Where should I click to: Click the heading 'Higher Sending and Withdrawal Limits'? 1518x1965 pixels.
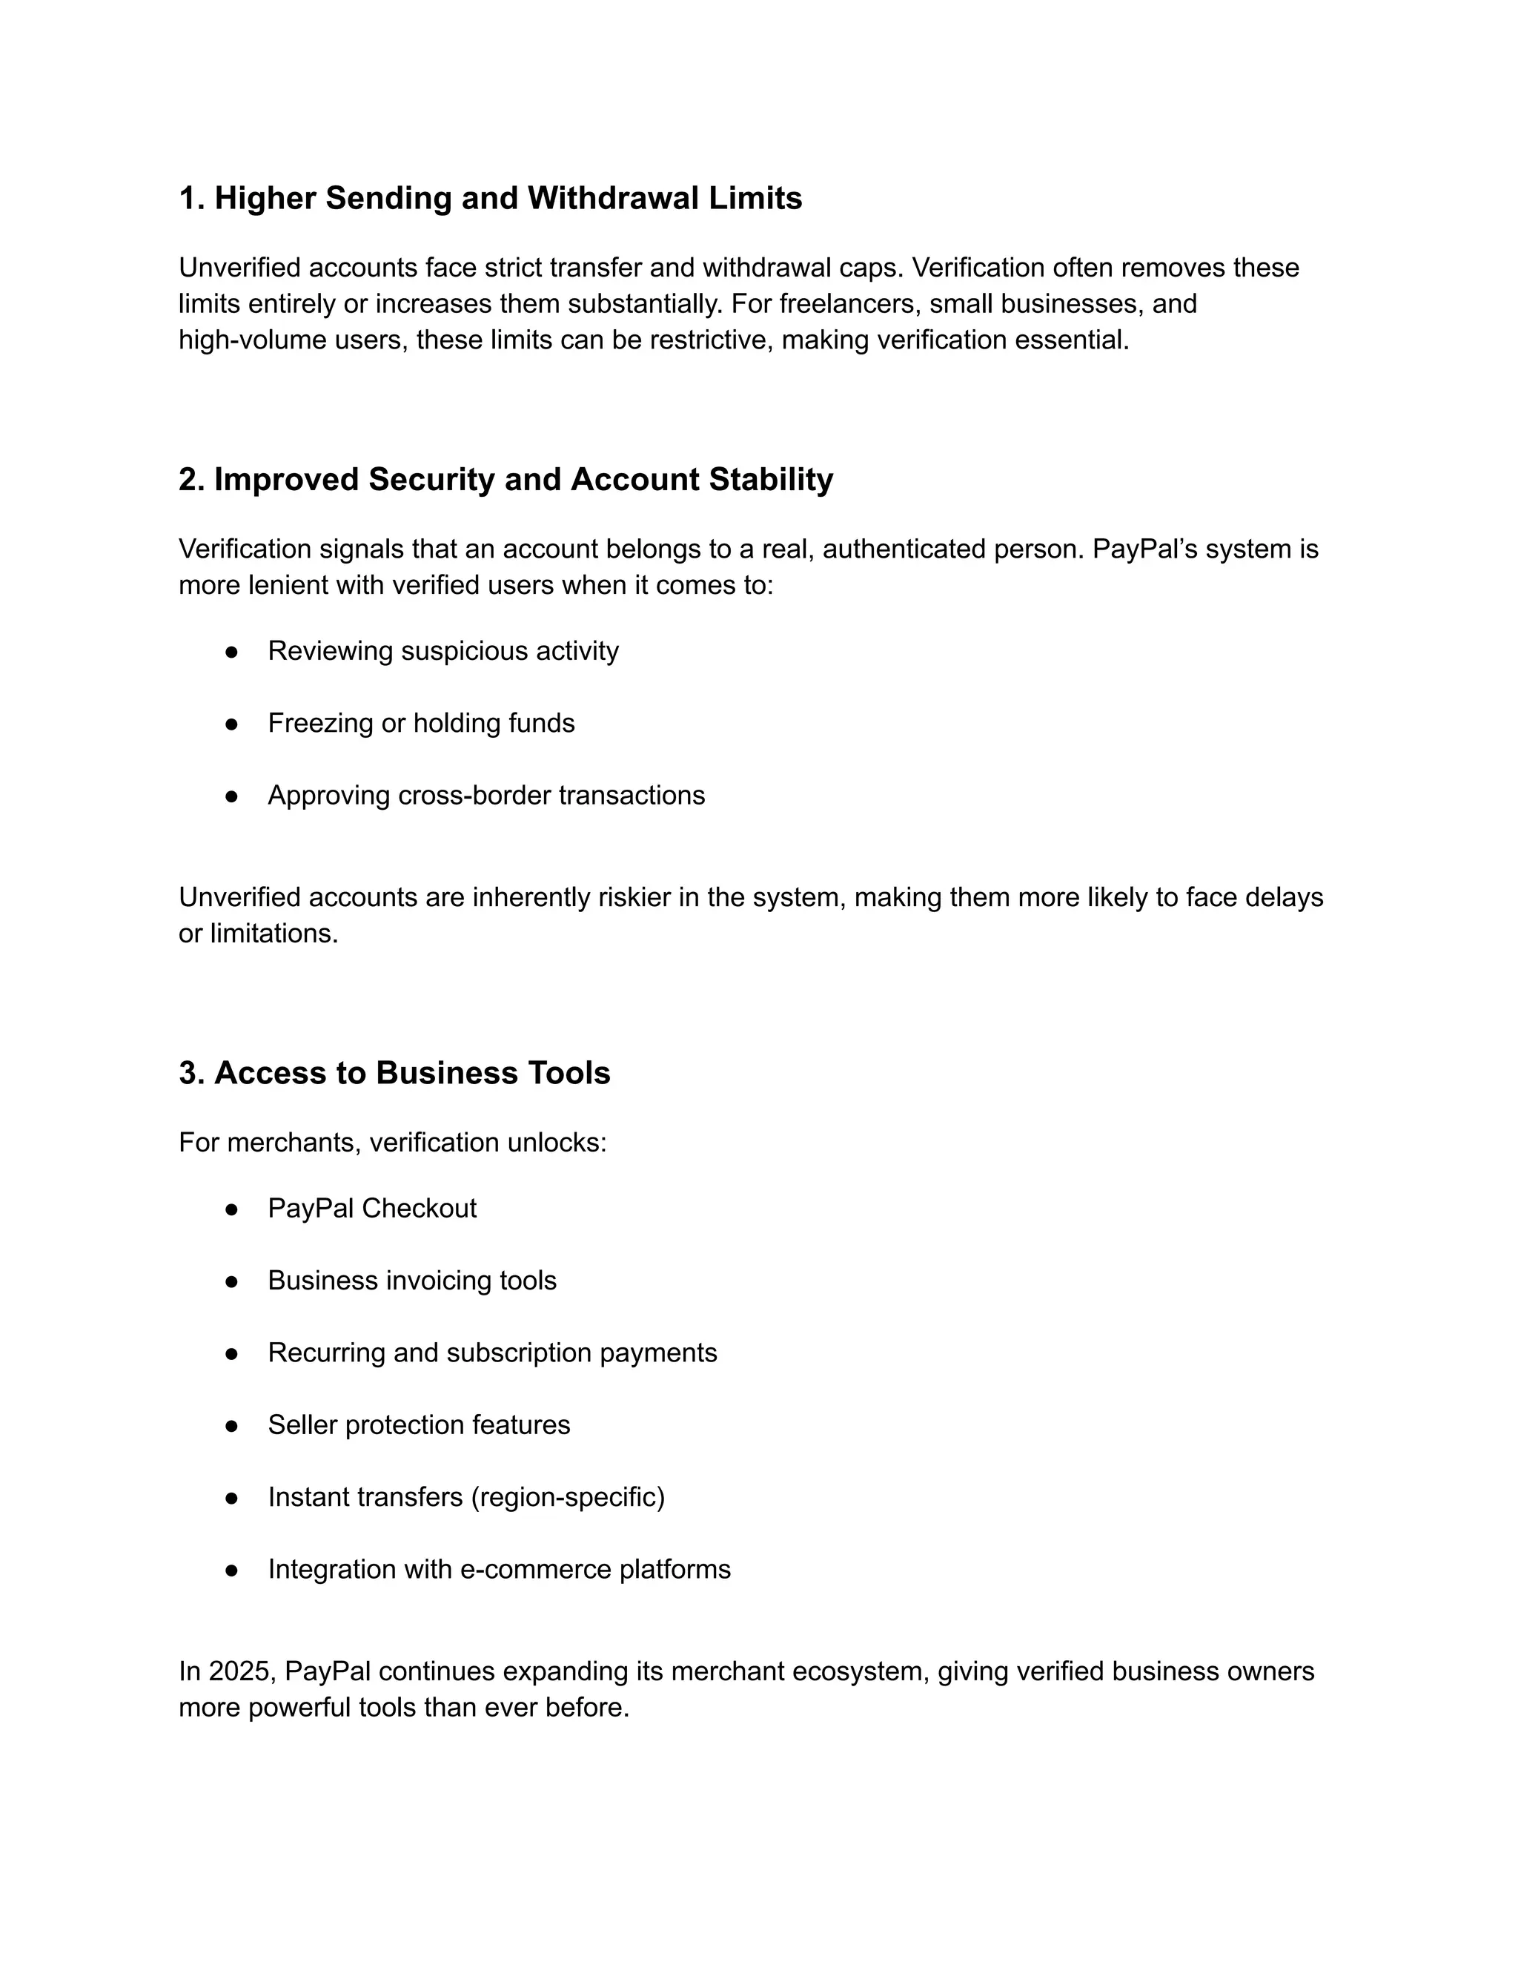[490, 198]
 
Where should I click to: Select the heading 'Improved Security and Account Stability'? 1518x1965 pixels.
[506, 479]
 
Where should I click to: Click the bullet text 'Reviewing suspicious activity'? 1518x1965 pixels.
[443, 650]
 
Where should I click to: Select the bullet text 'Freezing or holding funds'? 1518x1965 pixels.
[421, 722]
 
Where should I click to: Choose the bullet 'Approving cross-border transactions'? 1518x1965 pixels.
[485, 796]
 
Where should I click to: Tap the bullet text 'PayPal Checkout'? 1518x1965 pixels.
[371, 1209]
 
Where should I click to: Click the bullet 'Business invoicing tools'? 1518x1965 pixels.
[412, 1281]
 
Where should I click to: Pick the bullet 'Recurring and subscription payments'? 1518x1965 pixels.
[492, 1353]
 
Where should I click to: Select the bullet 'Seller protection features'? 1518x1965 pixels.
[418, 1425]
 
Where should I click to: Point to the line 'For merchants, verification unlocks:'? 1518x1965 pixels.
[392, 1143]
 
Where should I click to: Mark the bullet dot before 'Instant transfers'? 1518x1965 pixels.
[231, 1498]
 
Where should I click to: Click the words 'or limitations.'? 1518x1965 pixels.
[258, 934]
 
